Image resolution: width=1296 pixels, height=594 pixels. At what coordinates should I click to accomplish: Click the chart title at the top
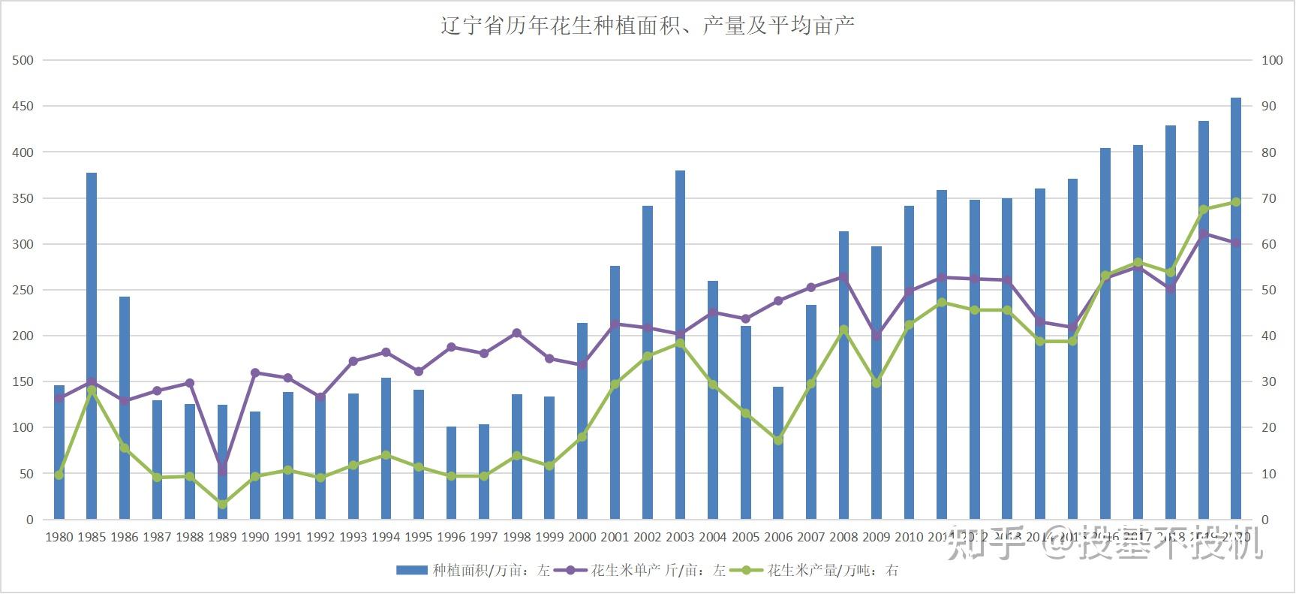point(647,26)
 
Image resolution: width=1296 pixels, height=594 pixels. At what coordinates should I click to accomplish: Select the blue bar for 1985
point(92,345)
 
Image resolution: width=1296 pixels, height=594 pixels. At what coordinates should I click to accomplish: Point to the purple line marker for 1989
point(222,470)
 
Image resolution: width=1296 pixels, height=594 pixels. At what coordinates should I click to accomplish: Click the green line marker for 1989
point(222,505)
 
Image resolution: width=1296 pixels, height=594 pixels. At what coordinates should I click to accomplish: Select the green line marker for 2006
point(778,441)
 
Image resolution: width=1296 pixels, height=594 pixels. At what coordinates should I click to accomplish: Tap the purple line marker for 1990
point(255,372)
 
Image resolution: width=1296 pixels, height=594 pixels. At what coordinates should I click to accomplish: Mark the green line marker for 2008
point(843,330)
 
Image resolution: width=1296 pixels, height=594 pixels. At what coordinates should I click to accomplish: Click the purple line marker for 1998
point(516,333)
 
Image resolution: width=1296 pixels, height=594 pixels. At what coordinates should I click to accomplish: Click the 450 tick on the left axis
point(23,106)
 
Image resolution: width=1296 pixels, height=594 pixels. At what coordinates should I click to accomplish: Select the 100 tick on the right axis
point(1271,60)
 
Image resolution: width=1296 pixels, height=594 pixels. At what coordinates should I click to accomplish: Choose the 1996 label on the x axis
point(451,537)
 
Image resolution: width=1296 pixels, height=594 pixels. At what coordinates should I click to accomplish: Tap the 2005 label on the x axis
point(745,537)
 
